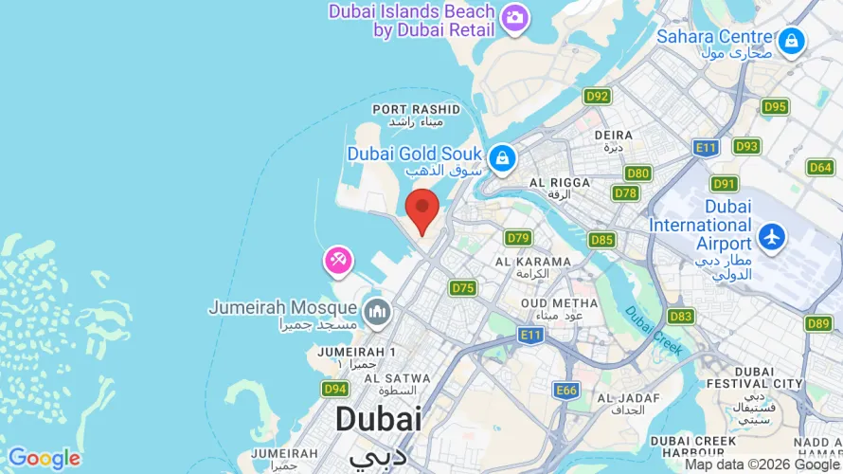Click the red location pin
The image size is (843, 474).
(421, 208)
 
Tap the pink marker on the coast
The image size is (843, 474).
(338, 259)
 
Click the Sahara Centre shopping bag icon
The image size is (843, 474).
(790, 41)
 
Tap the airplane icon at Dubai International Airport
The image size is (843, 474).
(773, 236)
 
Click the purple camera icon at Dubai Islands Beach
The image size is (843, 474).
(514, 17)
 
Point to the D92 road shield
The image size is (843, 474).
(598, 96)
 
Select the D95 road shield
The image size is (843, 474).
(775, 106)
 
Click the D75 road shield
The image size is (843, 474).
(463, 287)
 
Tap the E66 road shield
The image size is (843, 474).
(566, 390)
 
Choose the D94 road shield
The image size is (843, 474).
(335, 389)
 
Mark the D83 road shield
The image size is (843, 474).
(680, 316)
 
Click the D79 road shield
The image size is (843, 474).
(518, 238)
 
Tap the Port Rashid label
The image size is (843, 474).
(416, 116)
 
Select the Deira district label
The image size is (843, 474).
(613, 140)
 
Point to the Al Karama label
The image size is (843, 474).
(532, 266)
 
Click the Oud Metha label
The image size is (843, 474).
(559, 309)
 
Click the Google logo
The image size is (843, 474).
(44, 459)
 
